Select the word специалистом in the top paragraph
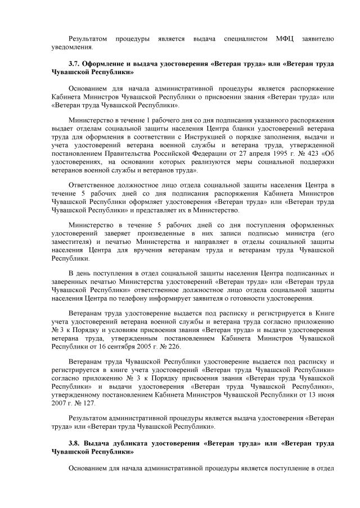(242, 39)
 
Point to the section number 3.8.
(75, 443)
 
